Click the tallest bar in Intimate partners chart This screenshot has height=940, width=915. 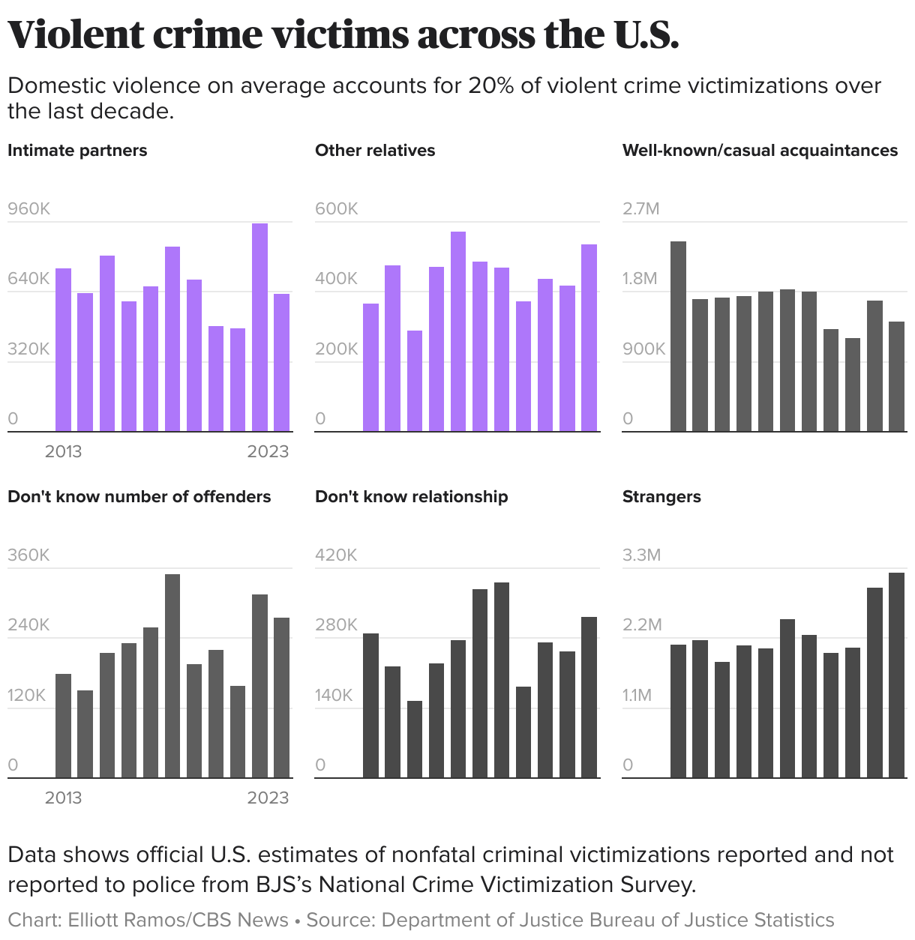[259, 328]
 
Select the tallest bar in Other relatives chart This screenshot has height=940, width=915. [458, 332]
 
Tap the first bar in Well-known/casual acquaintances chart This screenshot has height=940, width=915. [678, 337]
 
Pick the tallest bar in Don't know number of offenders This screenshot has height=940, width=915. [172, 676]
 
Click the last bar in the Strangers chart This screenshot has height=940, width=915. [896, 675]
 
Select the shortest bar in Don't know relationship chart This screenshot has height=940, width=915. [415, 739]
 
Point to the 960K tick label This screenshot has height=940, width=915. [29, 208]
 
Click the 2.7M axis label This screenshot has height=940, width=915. [641, 208]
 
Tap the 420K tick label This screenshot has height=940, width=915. [336, 555]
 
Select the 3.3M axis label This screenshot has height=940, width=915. [642, 555]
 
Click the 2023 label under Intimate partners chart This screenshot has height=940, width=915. [268, 451]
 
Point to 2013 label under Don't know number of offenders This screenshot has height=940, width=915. [63, 798]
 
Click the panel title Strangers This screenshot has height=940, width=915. [661, 496]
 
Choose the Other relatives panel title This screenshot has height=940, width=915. [375, 150]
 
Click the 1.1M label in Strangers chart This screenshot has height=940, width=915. [637, 695]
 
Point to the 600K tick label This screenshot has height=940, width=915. [337, 208]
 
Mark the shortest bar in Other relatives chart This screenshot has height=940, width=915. [415, 381]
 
